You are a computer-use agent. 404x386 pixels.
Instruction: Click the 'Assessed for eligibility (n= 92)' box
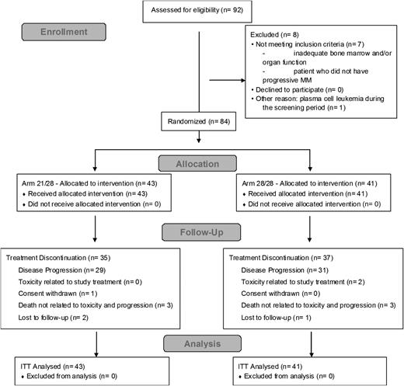coord(201,10)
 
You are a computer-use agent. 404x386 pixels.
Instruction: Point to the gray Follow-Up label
coord(201,232)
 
